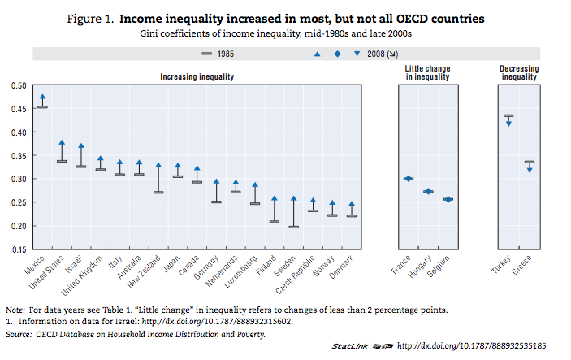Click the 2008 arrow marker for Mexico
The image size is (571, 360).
[x=42, y=98]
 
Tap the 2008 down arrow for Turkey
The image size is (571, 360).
[x=508, y=123]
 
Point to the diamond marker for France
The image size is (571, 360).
[x=408, y=179]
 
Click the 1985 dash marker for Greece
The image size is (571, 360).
[x=530, y=162]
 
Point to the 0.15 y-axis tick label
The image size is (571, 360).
[x=17, y=249]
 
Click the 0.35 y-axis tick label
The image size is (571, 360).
[x=17, y=155]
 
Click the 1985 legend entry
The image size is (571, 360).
[x=216, y=54]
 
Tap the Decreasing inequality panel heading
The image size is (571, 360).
[x=518, y=73]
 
